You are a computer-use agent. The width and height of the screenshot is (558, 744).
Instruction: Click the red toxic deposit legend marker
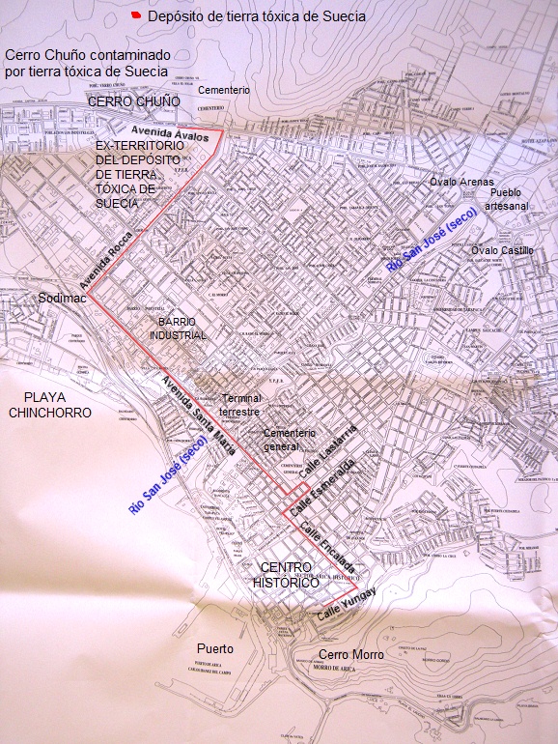(x=137, y=16)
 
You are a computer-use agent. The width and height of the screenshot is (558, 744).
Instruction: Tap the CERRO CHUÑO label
(x=134, y=100)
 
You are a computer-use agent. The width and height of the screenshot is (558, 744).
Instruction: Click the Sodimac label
(x=61, y=299)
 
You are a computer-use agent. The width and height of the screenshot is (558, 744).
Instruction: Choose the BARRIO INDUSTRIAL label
(x=178, y=328)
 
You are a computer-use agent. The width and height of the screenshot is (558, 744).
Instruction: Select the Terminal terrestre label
(x=240, y=405)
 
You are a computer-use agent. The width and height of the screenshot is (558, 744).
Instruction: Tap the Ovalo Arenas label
(x=461, y=181)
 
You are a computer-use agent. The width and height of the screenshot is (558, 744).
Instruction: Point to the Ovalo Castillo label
(x=502, y=250)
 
